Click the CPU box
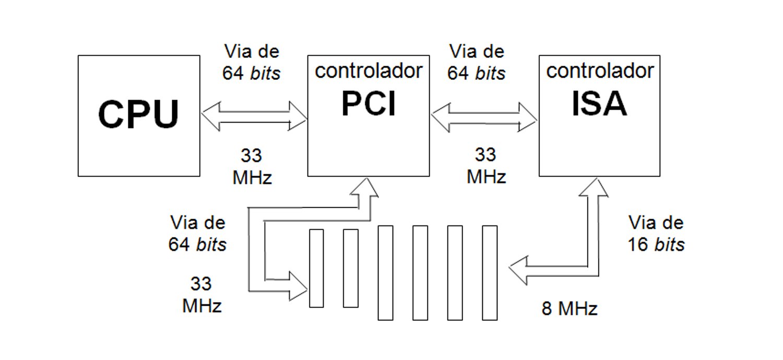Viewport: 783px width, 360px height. pos(138,115)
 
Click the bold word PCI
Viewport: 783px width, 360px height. pos(368,104)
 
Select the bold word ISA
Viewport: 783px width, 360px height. pos(599,104)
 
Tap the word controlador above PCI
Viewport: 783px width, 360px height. pos(368,71)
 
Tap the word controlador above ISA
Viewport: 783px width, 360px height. pos(600,70)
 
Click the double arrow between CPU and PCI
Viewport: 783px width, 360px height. pos(254,115)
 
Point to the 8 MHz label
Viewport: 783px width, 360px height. pos(570,309)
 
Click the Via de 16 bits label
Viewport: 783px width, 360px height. pos(656,233)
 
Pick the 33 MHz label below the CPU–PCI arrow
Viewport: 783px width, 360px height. pos(252,166)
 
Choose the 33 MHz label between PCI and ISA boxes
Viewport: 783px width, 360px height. pos(486,166)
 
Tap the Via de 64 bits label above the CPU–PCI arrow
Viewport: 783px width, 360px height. pos(252,62)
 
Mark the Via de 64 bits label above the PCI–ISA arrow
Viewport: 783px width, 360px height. pos(477,62)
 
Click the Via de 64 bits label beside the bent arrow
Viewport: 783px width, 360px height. pos(197,233)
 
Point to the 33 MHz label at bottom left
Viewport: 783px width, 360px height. pos(201,295)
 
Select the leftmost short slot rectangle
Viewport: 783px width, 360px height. pos(316,268)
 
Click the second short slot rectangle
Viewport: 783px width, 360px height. pos(350,268)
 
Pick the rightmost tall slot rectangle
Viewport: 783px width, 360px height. pos(490,272)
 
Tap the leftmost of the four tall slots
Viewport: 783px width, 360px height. pos(385,272)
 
